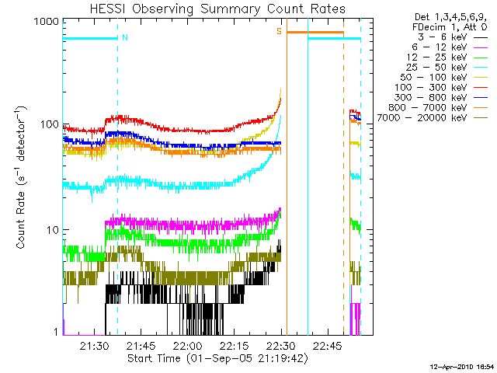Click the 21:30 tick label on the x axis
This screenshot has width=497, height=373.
[x=94, y=346]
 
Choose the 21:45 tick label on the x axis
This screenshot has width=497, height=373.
[x=141, y=346]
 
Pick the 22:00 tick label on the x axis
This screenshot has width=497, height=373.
[x=188, y=346]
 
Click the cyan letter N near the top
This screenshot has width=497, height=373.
[x=124, y=37]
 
